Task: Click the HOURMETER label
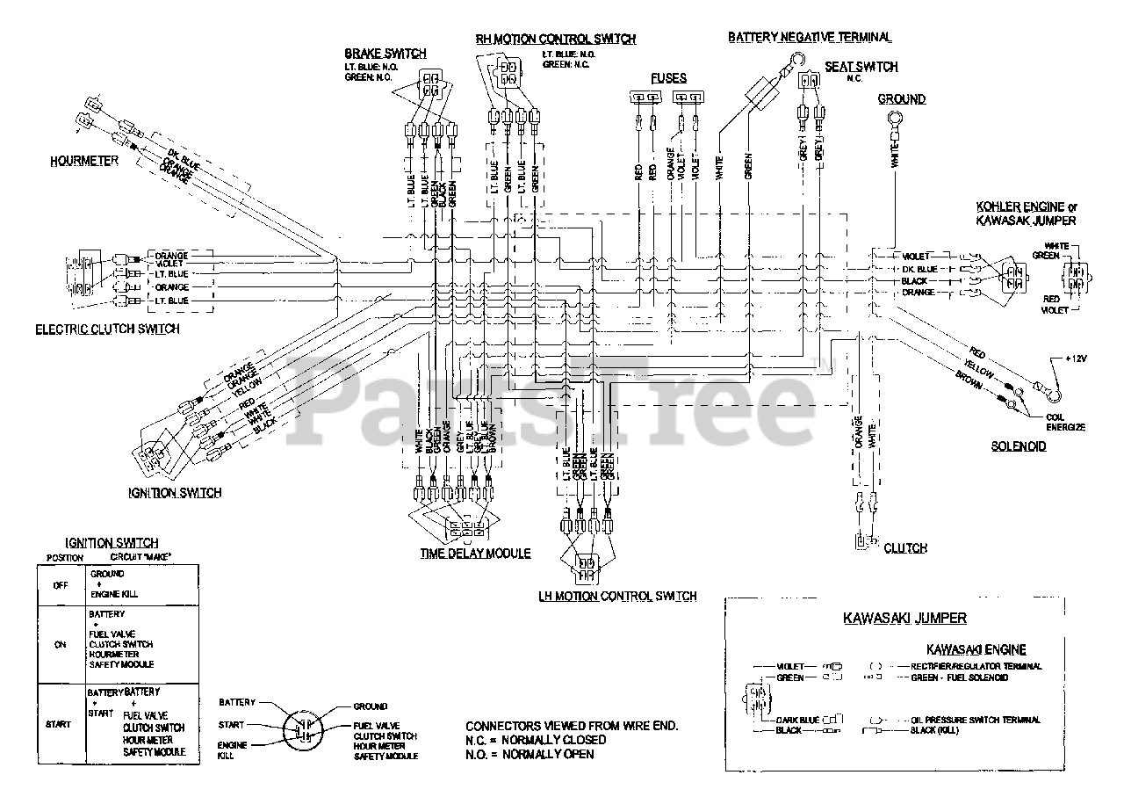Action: pyautogui.click(x=83, y=162)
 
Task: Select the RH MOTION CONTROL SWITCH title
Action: pyautogui.click(x=556, y=40)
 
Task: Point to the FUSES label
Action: pyautogui.click(x=667, y=77)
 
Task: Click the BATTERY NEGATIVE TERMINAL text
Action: pyautogui.click(x=810, y=37)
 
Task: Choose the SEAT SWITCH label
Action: pyautogui.click(x=861, y=67)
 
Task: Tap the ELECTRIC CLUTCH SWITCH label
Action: pyautogui.click(x=107, y=330)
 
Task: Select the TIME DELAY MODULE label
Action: pyautogui.click(x=474, y=554)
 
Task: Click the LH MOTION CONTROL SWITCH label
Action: pyautogui.click(x=617, y=597)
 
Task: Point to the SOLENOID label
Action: pyautogui.click(x=1019, y=446)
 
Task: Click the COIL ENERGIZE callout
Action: pyautogui.click(x=1066, y=423)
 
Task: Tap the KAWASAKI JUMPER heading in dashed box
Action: pyautogui.click(x=904, y=619)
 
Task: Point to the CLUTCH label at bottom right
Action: pyautogui.click(x=905, y=548)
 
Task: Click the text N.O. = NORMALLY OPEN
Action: pyautogui.click(x=530, y=754)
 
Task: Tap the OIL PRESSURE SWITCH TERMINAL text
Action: pyautogui.click(x=976, y=720)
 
